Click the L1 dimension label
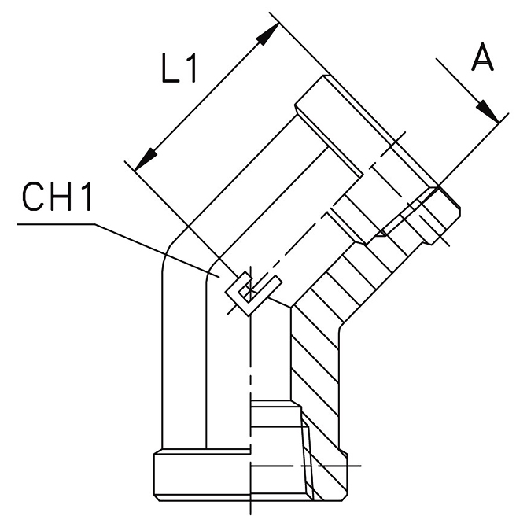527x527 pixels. [x=178, y=71]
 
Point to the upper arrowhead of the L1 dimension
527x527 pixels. [x=271, y=31]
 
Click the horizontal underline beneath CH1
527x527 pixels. [x=55, y=224]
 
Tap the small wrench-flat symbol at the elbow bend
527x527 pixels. [x=250, y=291]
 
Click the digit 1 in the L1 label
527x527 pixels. [x=191, y=71]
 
